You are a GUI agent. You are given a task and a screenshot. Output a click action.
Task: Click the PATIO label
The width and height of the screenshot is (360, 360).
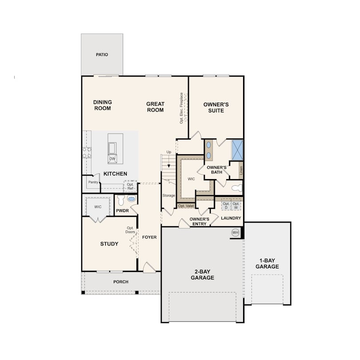[x=102, y=55]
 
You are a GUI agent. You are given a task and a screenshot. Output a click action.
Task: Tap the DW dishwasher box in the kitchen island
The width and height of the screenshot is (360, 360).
[x=112, y=159]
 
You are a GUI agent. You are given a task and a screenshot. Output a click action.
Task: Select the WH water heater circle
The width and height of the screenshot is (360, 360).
[x=235, y=232]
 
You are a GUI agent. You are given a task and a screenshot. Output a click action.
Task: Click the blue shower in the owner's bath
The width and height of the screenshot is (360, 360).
[x=237, y=150]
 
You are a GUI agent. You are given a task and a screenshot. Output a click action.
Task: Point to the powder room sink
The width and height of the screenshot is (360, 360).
[x=131, y=199]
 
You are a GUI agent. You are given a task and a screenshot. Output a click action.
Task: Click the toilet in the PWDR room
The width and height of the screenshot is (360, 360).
[x=121, y=200]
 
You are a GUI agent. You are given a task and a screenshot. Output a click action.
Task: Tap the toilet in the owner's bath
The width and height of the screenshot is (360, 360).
[x=237, y=188]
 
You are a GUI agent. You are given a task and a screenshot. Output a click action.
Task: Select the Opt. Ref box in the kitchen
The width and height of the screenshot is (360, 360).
[x=130, y=186]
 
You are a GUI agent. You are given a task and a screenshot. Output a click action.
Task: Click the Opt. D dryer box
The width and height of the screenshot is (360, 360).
[x=226, y=206]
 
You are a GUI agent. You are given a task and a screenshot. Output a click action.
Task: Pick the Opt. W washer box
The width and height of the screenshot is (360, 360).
[x=236, y=206]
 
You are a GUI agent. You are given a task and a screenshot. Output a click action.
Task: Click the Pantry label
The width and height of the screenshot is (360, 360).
[x=93, y=182]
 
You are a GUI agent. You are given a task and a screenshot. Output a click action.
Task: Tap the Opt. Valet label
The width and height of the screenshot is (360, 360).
[x=186, y=206]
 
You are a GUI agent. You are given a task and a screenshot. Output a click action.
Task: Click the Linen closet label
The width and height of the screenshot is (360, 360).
[x=241, y=170]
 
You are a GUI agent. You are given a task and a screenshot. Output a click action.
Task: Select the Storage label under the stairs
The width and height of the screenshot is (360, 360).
[x=169, y=196]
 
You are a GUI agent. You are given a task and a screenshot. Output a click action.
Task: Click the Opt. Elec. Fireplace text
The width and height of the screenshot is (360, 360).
[x=181, y=108]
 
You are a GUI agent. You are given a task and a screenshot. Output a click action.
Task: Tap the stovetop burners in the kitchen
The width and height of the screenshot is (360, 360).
[x=87, y=153]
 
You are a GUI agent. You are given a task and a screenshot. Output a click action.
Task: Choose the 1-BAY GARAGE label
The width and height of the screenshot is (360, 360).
[x=267, y=264]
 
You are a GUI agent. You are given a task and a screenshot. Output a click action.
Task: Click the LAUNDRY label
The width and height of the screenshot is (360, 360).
[x=231, y=218]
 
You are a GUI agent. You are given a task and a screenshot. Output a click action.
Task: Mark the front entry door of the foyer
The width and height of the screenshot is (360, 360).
[x=149, y=268]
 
